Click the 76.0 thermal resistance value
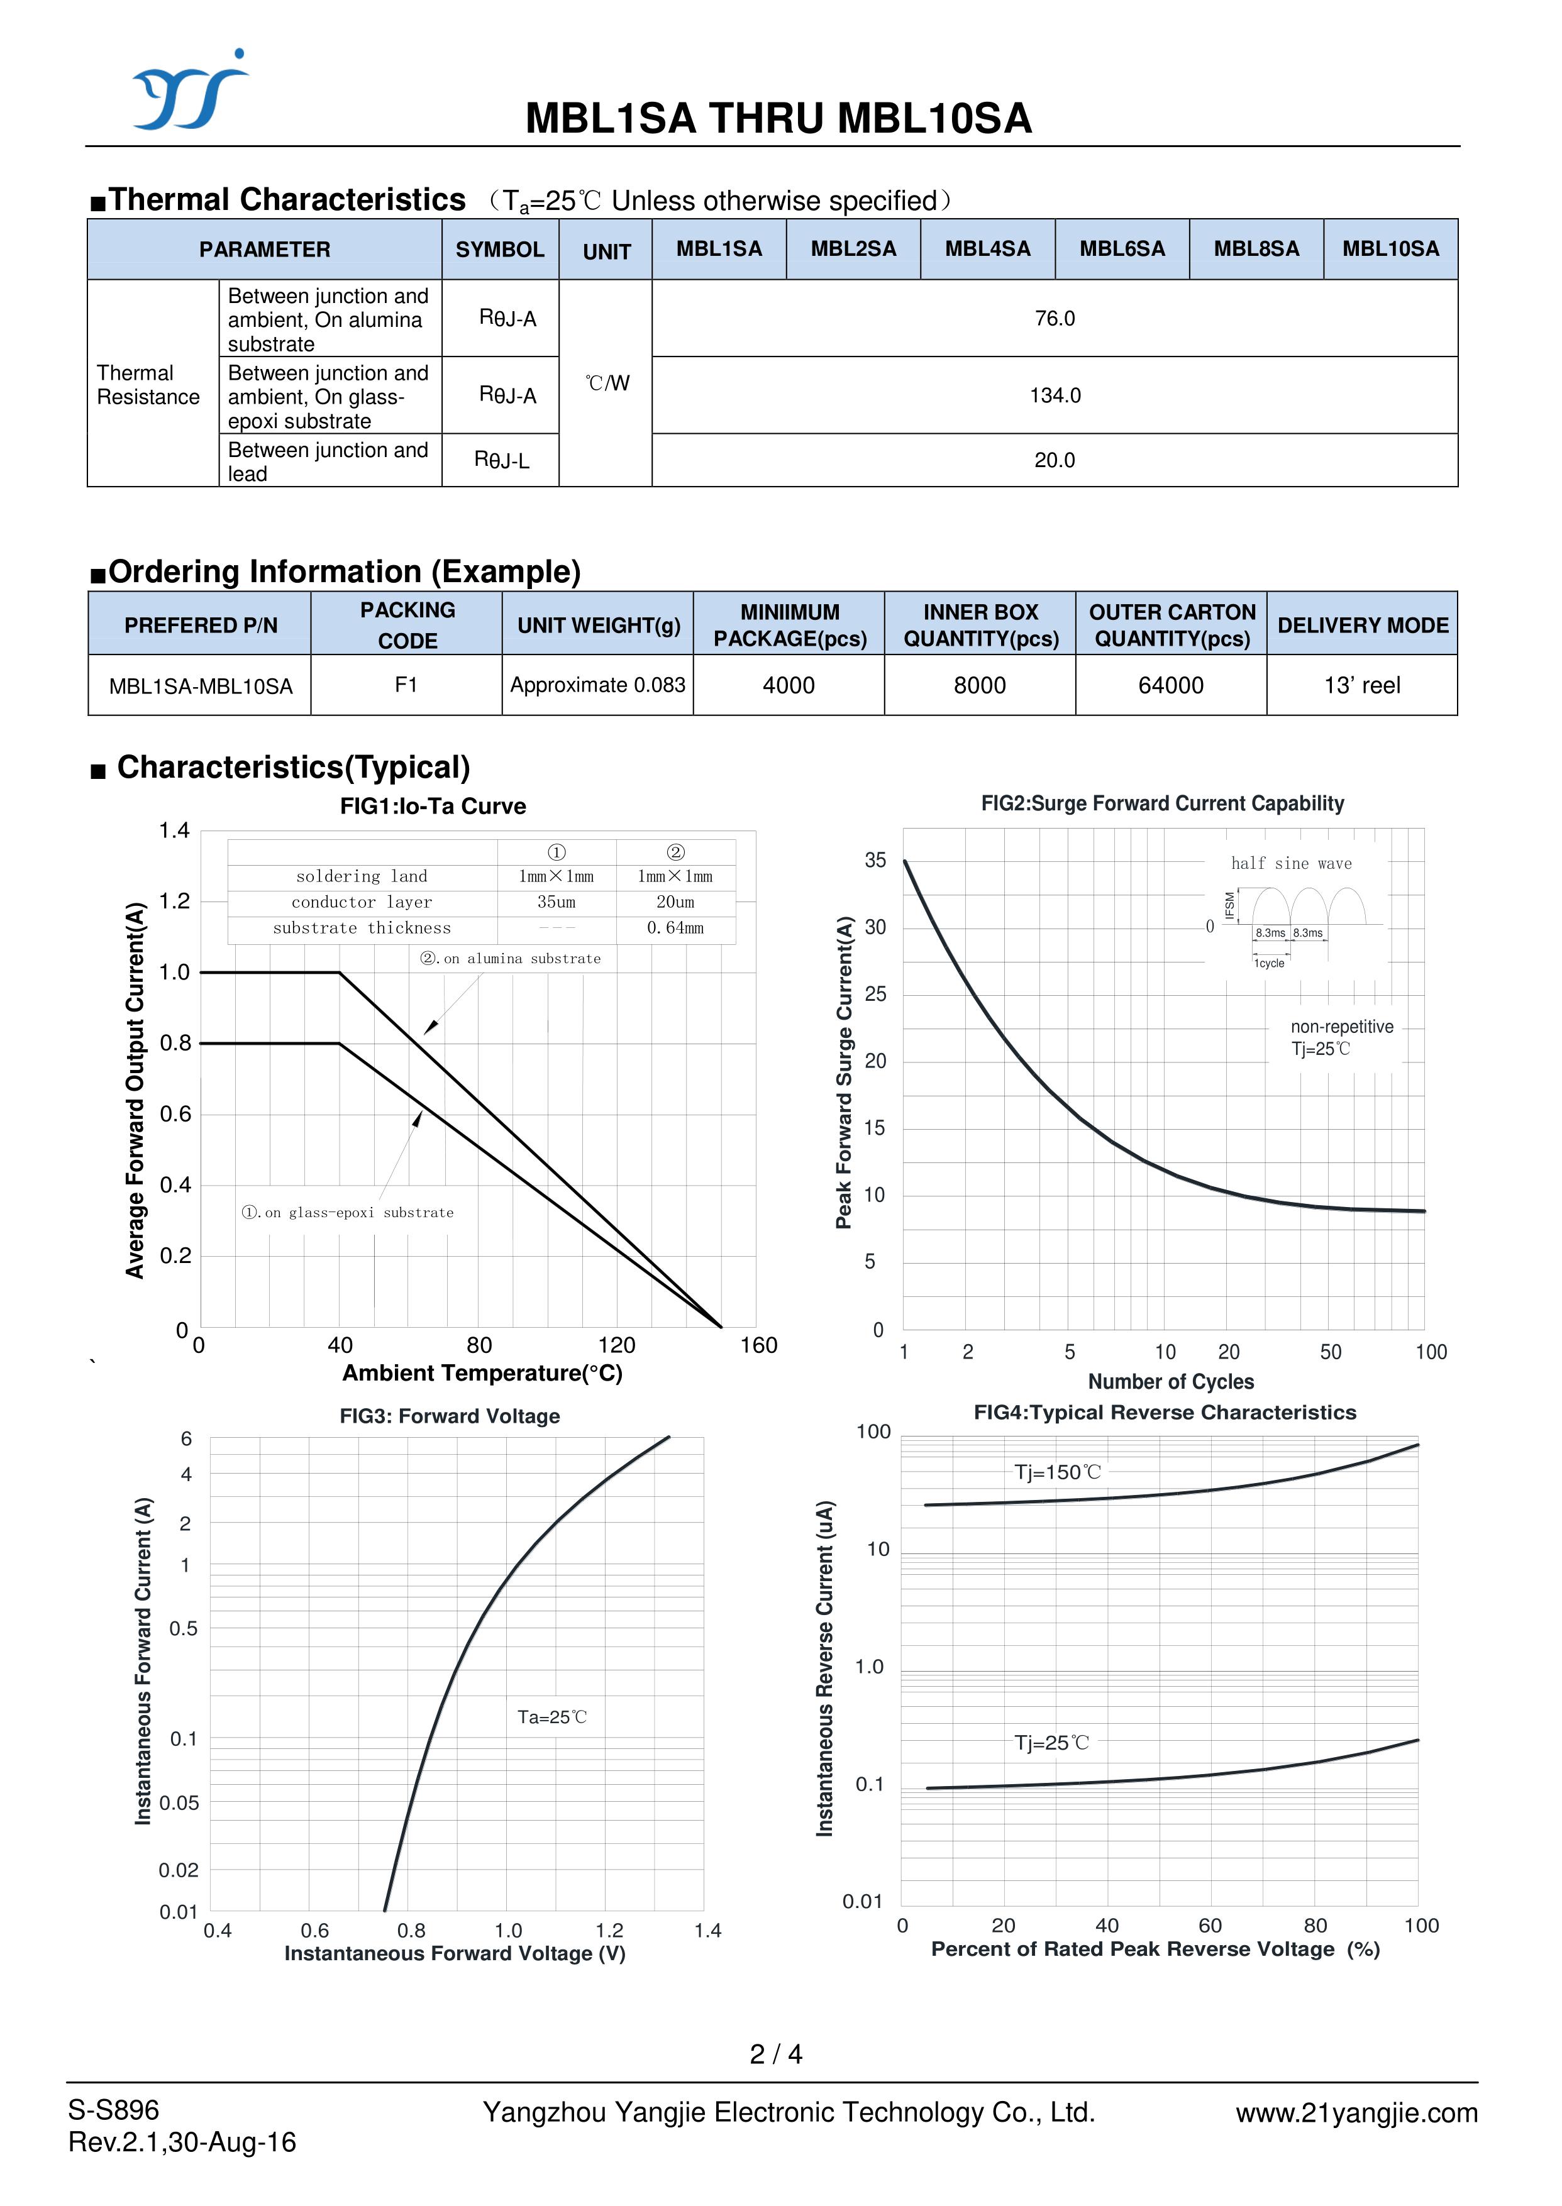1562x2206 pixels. point(1054,318)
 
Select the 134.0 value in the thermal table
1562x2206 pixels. point(1054,395)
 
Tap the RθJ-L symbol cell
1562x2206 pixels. point(501,461)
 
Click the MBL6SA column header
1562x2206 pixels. point(1121,249)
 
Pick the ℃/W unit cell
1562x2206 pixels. point(607,383)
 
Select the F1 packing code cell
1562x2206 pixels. point(406,685)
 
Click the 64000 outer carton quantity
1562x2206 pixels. point(1170,686)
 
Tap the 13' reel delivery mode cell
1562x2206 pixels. point(1362,686)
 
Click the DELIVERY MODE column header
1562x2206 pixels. point(1362,625)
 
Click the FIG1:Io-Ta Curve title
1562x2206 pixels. point(433,806)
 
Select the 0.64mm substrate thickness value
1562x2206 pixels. point(675,928)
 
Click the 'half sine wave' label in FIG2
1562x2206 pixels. point(1291,864)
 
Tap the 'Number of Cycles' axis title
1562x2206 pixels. point(1170,1382)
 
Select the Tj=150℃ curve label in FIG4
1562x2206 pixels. point(1057,1472)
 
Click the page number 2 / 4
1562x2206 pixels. point(775,2054)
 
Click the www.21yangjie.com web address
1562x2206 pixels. point(1356,2113)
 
